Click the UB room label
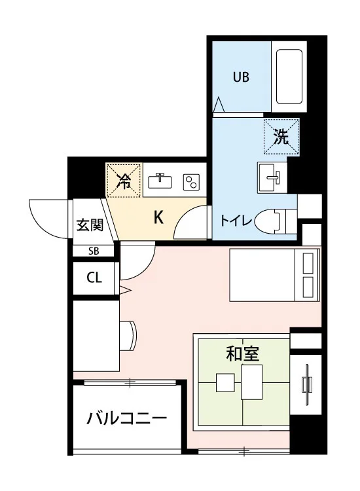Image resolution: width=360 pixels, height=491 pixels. click(241, 77)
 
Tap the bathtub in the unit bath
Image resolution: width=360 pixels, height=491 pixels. click(289, 77)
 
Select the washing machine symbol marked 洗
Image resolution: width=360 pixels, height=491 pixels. click(281, 137)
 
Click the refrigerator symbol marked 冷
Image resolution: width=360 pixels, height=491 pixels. click(124, 181)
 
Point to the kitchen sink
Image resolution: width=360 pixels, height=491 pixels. click(160, 181)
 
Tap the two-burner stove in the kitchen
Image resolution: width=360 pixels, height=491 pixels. click(192, 182)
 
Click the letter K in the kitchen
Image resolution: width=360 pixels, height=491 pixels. click(158, 217)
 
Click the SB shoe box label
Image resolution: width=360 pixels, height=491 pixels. click(94, 251)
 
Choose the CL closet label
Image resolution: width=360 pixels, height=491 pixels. click(94, 277)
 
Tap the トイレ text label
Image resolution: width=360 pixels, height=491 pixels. click(236, 221)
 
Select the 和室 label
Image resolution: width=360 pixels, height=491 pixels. click(243, 354)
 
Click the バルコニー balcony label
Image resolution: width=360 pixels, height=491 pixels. click(126, 418)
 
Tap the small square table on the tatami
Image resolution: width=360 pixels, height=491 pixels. click(225, 383)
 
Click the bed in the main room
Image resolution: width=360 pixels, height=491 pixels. click(274, 275)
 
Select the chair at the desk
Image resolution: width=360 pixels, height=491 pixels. click(128, 336)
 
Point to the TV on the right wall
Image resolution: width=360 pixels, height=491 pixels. click(306, 384)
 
